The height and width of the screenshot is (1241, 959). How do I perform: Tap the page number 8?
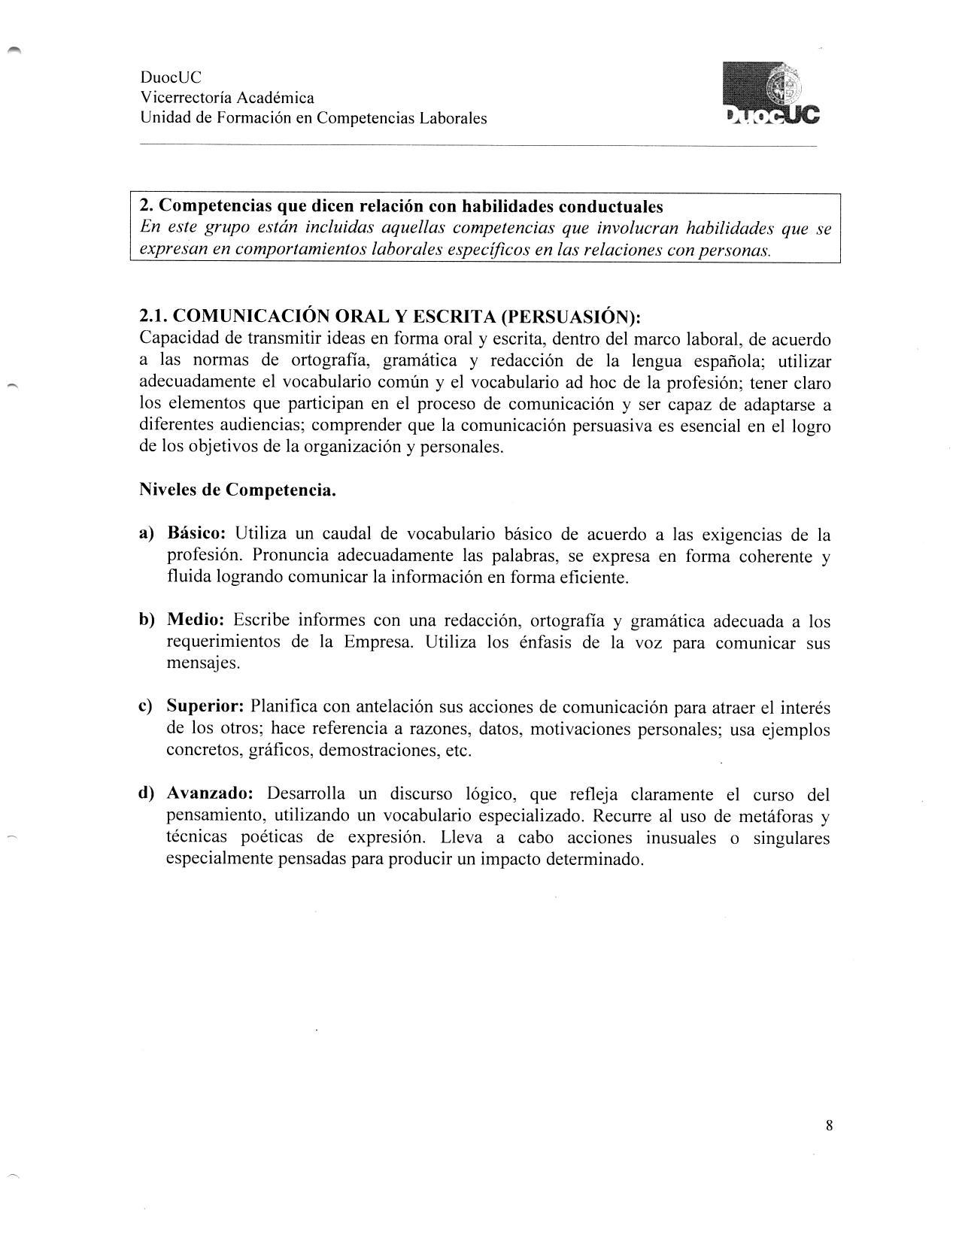[829, 1126]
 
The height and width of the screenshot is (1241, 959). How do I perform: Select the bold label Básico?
[196, 534]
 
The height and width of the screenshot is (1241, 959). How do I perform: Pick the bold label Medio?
[196, 620]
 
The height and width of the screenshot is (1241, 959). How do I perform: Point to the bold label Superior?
[205, 707]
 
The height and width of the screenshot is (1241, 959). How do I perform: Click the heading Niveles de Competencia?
[238, 490]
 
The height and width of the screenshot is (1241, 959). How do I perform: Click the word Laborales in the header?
[454, 118]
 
